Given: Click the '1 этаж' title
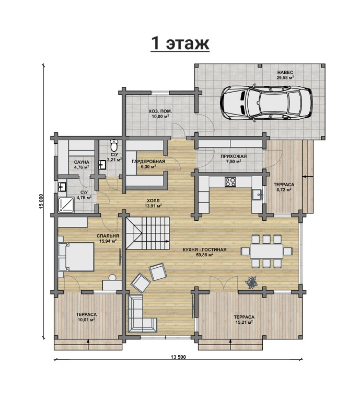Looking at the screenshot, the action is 180,43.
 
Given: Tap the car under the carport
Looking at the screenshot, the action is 266,103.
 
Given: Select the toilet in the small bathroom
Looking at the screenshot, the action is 114,145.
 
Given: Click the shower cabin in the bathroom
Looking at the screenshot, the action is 66,205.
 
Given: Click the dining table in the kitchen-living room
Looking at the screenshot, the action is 266,251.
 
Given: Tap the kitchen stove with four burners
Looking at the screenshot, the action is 230,182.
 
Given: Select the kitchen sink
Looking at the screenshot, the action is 258,194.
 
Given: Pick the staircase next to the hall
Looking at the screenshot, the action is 148,233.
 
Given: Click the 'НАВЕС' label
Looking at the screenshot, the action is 285,72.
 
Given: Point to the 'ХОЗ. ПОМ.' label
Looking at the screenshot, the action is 160,111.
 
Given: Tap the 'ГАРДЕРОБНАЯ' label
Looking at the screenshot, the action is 148,162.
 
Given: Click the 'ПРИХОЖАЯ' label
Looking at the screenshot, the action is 234,156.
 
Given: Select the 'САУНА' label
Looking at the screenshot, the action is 82,162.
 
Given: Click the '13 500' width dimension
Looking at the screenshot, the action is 178,357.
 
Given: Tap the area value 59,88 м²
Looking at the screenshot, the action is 205,255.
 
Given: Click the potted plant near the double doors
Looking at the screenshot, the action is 252,283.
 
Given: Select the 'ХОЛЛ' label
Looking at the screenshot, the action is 153,201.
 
